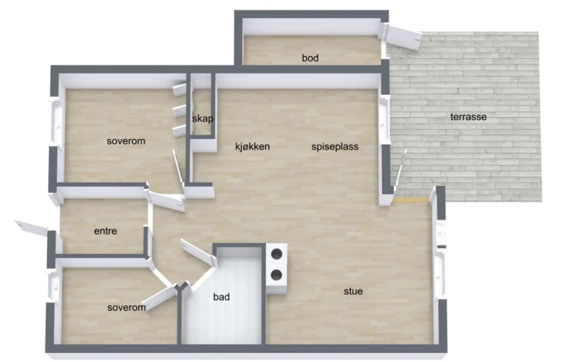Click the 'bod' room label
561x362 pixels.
point(310,58)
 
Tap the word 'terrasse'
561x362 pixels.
point(468,117)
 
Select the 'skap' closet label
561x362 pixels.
point(203,119)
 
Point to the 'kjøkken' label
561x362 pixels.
point(252,146)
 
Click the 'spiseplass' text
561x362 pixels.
point(335,147)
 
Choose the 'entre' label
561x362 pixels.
point(105,231)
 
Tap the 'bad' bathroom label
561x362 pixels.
point(221,297)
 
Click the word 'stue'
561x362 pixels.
point(353,291)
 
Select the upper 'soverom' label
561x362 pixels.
point(126,141)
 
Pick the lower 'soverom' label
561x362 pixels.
point(127,307)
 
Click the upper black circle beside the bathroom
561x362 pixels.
point(277,254)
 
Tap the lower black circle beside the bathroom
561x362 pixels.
point(277,275)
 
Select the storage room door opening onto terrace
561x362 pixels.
point(403,37)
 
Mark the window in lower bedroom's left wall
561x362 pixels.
point(53,287)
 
